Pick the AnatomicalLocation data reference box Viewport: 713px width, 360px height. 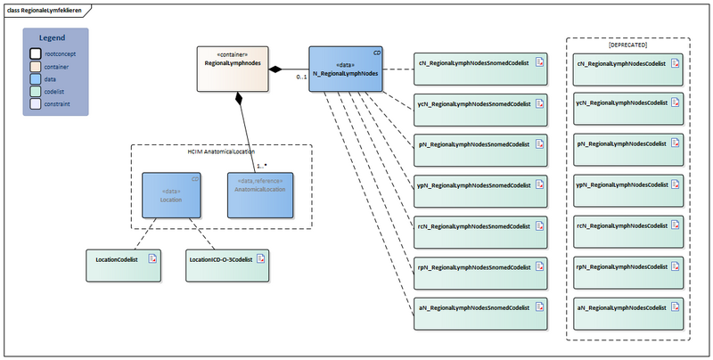point(259,195)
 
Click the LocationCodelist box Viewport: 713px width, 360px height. point(124,260)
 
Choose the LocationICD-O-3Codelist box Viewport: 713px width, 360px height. point(227,260)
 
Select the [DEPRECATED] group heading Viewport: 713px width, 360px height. point(627,45)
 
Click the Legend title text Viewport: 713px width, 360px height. point(55,38)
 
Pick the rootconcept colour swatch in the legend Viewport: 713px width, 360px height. point(36,53)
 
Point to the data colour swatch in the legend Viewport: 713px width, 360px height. point(36,78)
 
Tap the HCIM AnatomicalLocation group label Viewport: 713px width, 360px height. point(222,152)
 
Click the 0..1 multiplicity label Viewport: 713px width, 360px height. point(302,78)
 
